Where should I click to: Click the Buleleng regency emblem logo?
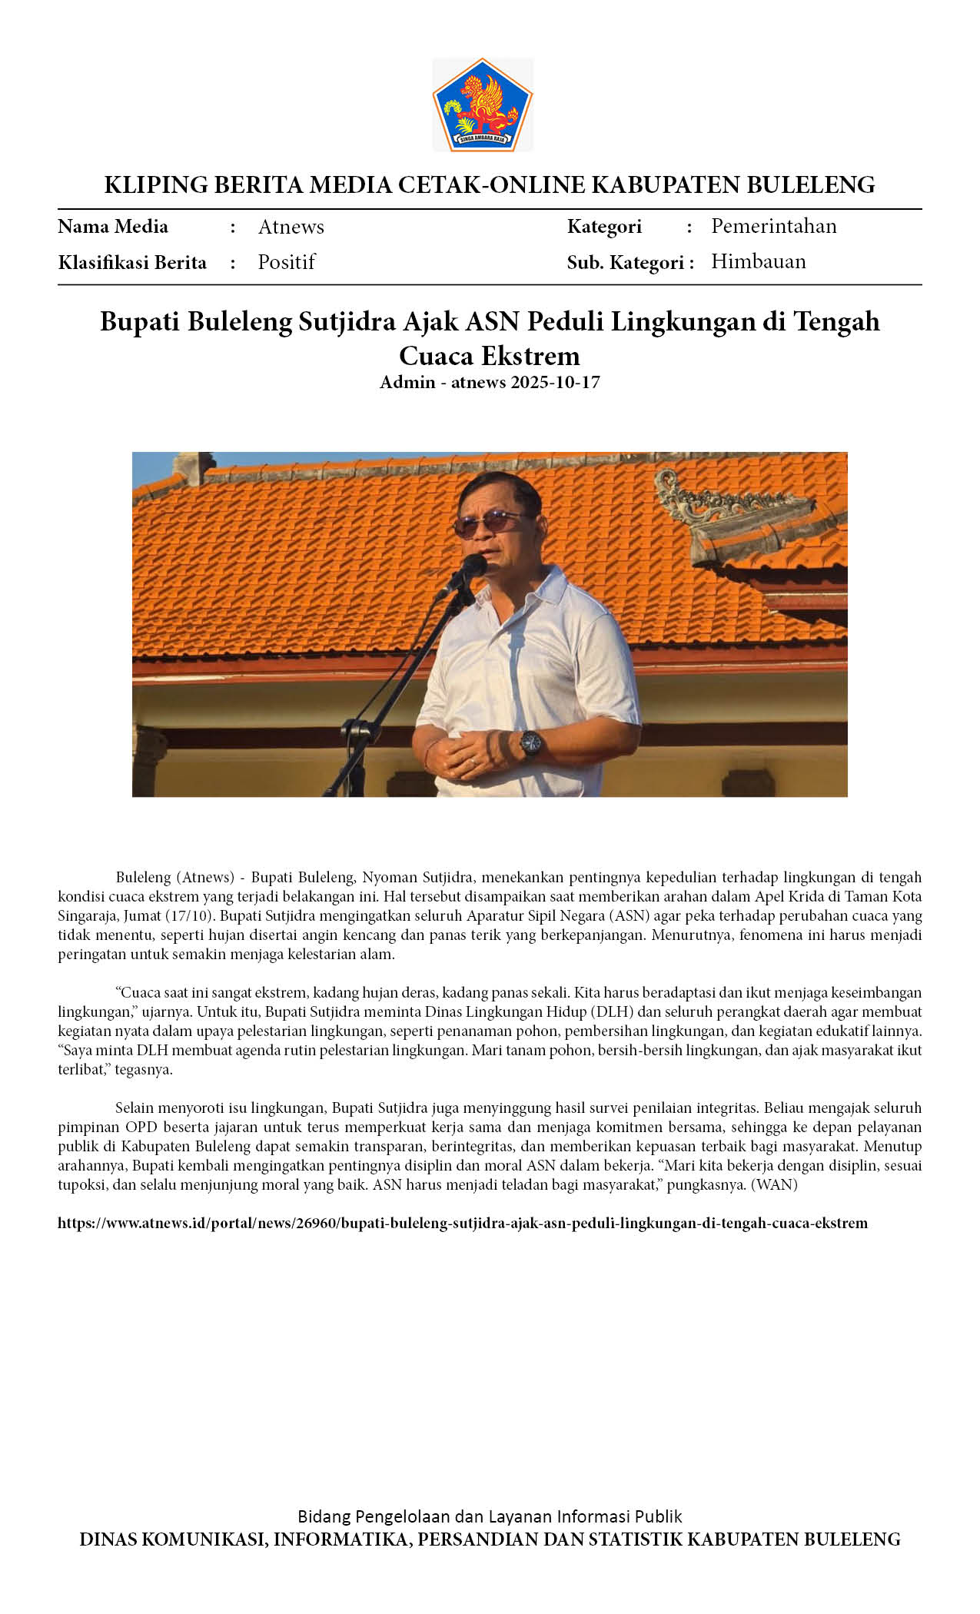tap(483, 105)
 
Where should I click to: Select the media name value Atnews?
tap(291, 227)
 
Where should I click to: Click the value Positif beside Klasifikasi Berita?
tap(286, 262)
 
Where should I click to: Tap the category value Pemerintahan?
tap(773, 226)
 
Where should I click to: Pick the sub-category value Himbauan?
tap(758, 261)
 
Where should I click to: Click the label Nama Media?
tap(113, 227)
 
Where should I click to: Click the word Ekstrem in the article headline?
tap(531, 355)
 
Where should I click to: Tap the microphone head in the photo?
tap(472, 567)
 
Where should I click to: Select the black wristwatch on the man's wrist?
tap(530, 743)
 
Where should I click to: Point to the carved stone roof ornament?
tap(730, 507)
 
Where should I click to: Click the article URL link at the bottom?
tap(462, 1223)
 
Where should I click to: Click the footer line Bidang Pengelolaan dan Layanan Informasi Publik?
tap(490, 1516)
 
